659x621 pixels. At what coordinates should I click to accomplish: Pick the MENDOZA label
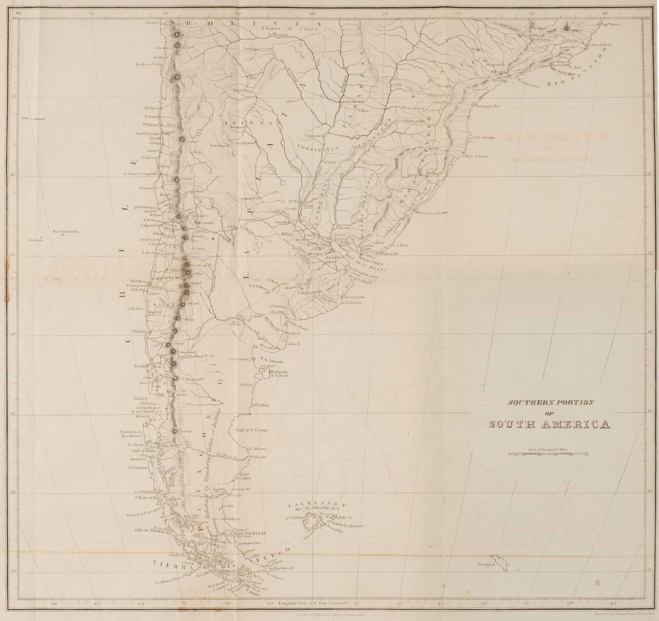204,223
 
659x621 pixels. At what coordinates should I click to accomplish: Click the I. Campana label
137,468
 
